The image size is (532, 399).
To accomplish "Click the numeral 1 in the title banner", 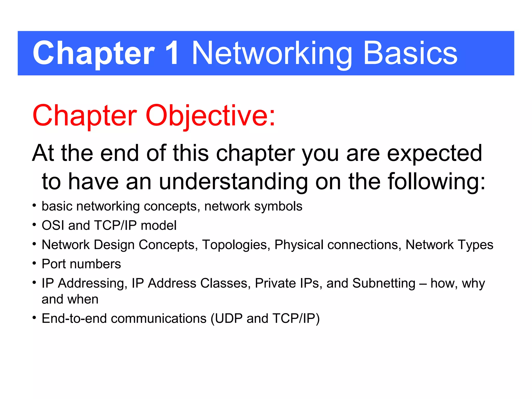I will pyautogui.click(x=172, y=53).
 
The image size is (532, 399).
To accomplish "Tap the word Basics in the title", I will pyautogui.click(x=410, y=53).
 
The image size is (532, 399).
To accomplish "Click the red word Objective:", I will pyautogui.click(x=210, y=116).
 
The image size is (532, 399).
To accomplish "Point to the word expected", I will pyautogui.click(x=434, y=153).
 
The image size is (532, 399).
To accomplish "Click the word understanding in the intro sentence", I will pyautogui.click(x=233, y=182).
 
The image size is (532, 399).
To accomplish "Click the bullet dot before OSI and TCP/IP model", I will pyautogui.click(x=34, y=225).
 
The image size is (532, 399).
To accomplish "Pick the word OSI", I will pyautogui.click(x=53, y=225).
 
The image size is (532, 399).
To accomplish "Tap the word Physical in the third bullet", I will pyautogui.click(x=299, y=245).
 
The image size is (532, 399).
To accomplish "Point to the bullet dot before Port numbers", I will pyautogui.click(x=34, y=263).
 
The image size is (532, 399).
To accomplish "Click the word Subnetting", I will pyautogui.click(x=384, y=283).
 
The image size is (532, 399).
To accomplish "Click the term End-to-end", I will pyautogui.click(x=74, y=319).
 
